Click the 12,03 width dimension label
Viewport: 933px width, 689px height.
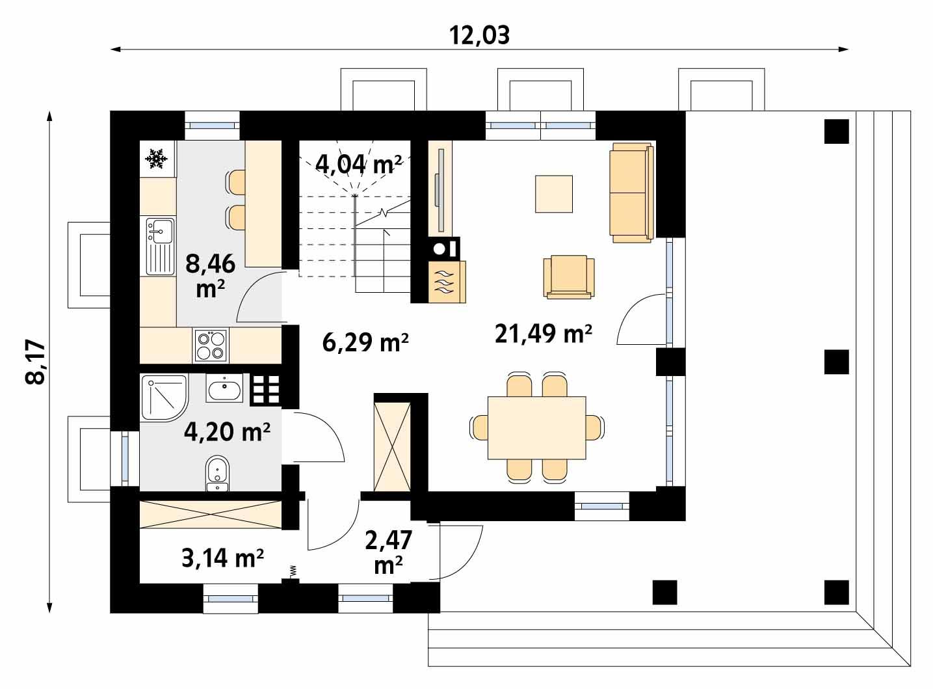click(x=480, y=35)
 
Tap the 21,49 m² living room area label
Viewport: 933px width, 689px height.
click(x=543, y=334)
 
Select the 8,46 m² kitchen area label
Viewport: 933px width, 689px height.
click(x=209, y=275)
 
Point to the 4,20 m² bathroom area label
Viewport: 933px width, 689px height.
click(x=226, y=431)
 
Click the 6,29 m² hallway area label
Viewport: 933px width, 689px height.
click(x=365, y=342)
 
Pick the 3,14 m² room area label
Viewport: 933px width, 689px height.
click(x=222, y=558)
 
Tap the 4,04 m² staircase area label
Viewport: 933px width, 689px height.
click(x=358, y=164)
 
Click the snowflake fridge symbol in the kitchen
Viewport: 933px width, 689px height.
click(x=157, y=158)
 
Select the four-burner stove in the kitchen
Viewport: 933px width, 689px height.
click(x=211, y=345)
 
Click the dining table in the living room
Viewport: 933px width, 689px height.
click(x=536, y=427)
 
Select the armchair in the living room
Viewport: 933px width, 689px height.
click(x=569, y=277)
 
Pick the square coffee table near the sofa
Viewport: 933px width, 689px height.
click(x=554, y=194)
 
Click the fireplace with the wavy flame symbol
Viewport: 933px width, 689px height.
click(x=447, y=282)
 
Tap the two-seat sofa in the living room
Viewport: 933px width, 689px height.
click(x=631, y=193)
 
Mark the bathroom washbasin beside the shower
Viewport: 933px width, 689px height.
click(x=224, y=390)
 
